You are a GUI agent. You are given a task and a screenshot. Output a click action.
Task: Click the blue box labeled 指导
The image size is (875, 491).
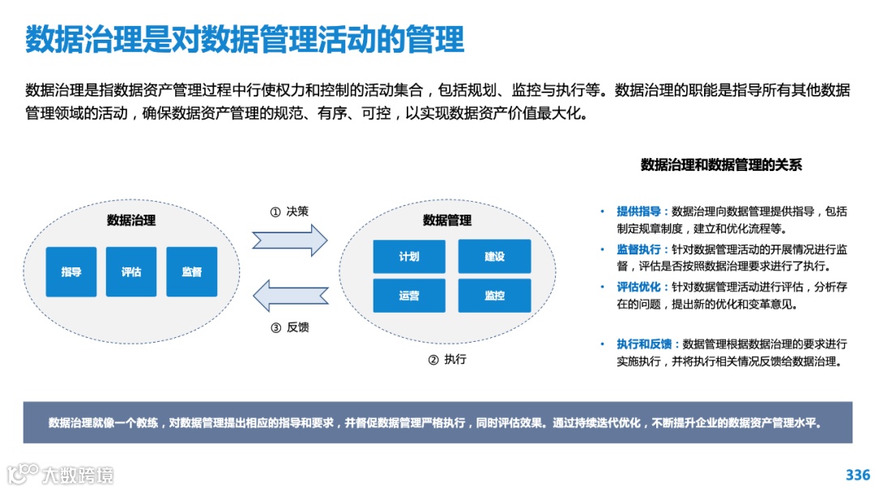click(71, 271)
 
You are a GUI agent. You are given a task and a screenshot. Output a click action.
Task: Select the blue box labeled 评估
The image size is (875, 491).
click(131, 271)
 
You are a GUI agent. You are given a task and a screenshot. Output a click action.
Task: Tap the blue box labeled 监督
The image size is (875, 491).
click(192, 271)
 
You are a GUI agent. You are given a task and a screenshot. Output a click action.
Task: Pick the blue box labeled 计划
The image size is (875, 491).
click(409, 256)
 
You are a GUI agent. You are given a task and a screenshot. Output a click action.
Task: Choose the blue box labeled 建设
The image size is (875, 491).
click(494, 256)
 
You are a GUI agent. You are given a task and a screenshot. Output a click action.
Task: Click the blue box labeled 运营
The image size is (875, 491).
click(409, 296)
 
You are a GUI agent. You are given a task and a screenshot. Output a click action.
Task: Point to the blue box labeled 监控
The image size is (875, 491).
click(494, 296)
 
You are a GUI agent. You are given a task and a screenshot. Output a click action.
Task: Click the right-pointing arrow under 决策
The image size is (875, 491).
click(289, 241)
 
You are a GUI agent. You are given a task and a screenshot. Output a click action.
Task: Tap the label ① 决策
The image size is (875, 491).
click(289, 211)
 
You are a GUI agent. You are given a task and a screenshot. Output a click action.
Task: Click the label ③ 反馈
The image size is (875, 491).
click(289, 327)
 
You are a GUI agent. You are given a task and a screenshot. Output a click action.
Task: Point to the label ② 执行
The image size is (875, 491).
click(447, 359)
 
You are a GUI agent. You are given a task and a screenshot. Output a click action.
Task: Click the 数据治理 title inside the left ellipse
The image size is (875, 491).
click(131, 220)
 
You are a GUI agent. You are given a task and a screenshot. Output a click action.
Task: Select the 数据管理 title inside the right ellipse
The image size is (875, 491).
click(447, 220)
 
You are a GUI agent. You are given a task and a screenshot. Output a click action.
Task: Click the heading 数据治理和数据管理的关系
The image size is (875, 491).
click(721, 165)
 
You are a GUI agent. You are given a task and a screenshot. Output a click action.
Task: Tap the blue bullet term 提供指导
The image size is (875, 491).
click(638, 211)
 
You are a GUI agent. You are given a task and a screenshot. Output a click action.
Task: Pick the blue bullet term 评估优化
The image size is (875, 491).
click(638, 286)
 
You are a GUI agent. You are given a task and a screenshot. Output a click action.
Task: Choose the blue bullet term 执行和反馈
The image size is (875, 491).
click(644, 344)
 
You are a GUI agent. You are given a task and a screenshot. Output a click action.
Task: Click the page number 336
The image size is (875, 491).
click(857, 475)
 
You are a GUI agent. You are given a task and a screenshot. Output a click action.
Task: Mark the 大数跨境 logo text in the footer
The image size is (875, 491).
click(78, 475)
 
